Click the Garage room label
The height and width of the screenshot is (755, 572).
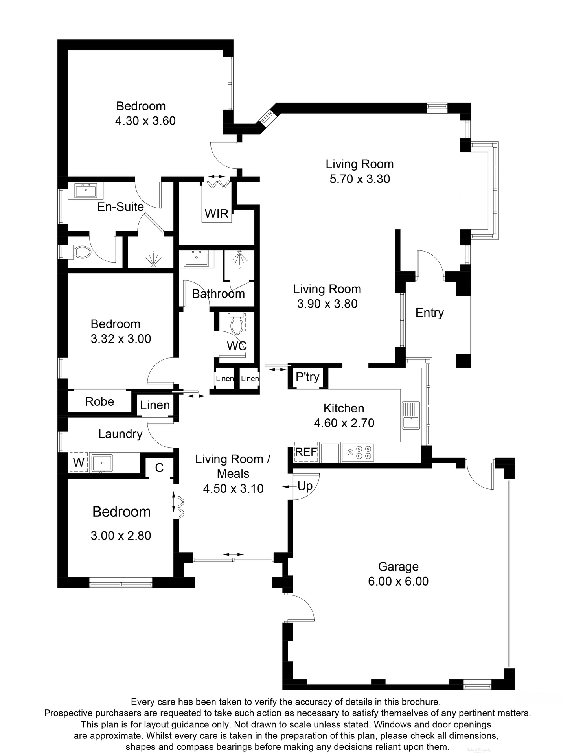coord(398,567)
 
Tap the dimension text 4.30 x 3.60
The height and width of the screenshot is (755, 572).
coord(145,121)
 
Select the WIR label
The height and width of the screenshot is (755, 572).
coord(217,214)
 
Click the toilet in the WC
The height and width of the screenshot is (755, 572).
coord(237,325)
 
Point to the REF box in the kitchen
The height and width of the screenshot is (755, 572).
coord(306,452)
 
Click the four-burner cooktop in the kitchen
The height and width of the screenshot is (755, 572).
coord(358,452)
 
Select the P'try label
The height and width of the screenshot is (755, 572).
coord(307,377)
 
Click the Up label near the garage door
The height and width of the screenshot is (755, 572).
coord(305,486)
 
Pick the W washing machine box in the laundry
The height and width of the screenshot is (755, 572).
coord(79,462)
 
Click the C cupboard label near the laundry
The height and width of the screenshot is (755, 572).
coord(159,468)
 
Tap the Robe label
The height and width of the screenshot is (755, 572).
coord(99,401)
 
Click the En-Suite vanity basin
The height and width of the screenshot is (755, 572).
coord(86,191)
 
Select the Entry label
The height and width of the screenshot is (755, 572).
coord(429,313)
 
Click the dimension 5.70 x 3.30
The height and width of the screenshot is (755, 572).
coord(359,179)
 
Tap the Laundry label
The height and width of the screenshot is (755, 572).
coord(120,434)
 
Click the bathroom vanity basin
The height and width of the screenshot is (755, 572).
coord(197,259)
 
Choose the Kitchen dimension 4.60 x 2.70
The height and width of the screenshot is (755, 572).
coord(344,423)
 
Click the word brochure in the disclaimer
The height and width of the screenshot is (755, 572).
coord(418,702)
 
